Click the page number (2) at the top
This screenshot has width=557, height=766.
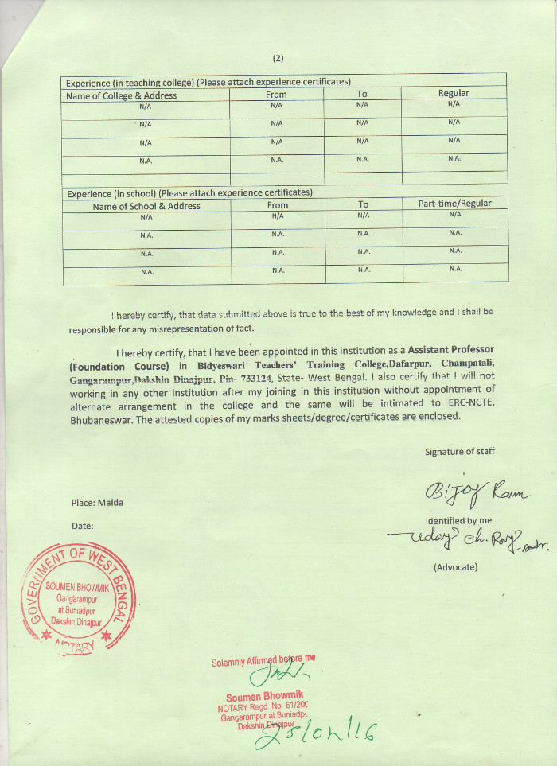[x=278, y=58]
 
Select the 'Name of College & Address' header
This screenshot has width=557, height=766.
[x=121, y=95]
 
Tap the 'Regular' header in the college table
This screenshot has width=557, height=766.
[x=454, y=93]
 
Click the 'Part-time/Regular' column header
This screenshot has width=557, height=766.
[x=455, y=204]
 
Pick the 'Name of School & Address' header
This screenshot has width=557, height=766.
[x=146, y=206]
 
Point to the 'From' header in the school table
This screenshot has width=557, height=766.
[x=278, y=205]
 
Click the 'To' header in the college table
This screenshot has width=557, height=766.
[x=362, y=94]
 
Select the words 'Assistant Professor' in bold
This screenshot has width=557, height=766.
[x=451, y=350]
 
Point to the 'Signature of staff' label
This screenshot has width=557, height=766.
[x=460, y=452]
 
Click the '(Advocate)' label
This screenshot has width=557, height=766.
[x=456, y=567]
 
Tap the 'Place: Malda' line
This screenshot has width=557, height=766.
[x=97, y=503]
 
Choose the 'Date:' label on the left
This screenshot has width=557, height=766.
[x=83, y=526]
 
